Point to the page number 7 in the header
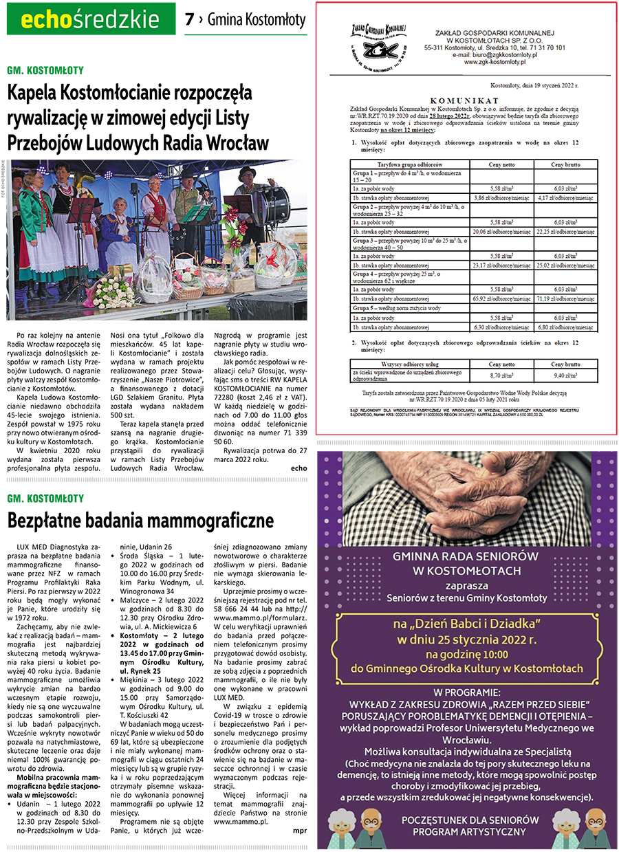pyautogui.click(x=189, y=20)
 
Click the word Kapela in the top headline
pyautogui.click(x=35, y=93)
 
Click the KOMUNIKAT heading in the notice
pyautogui.click(x=464, y=99)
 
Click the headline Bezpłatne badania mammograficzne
pyautogui.click(x=140, y=520)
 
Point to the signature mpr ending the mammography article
pyautogui.click(x=299, y=831)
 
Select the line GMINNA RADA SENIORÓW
pyautogui.click(x=466, y=556)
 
